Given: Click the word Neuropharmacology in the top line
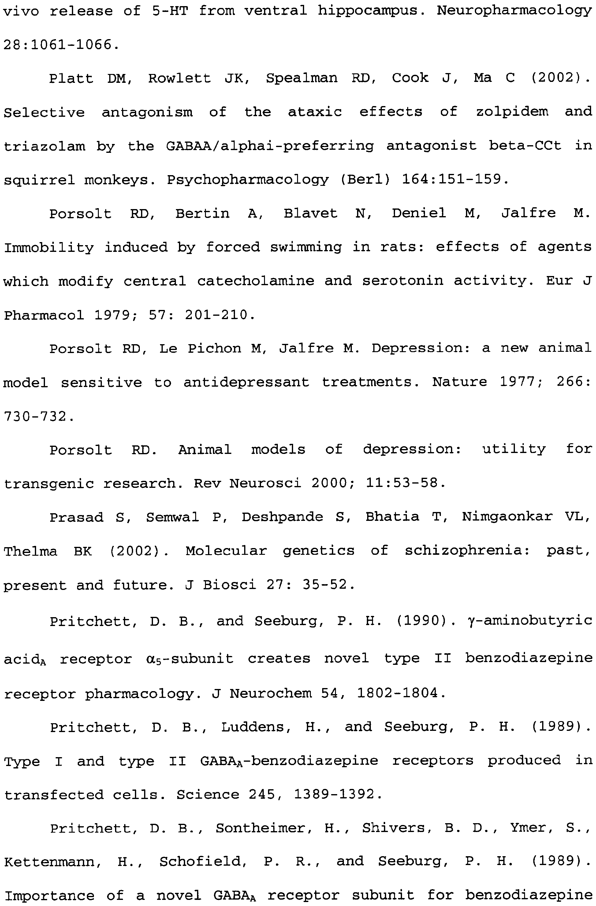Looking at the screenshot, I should (x=514, y=11).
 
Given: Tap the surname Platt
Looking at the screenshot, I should (x=71, y=79).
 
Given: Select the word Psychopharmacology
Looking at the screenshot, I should (x=248, y=180).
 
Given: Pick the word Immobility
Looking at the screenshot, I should (x=49, y=247).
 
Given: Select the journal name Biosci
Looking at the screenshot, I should (x=229, y=584).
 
